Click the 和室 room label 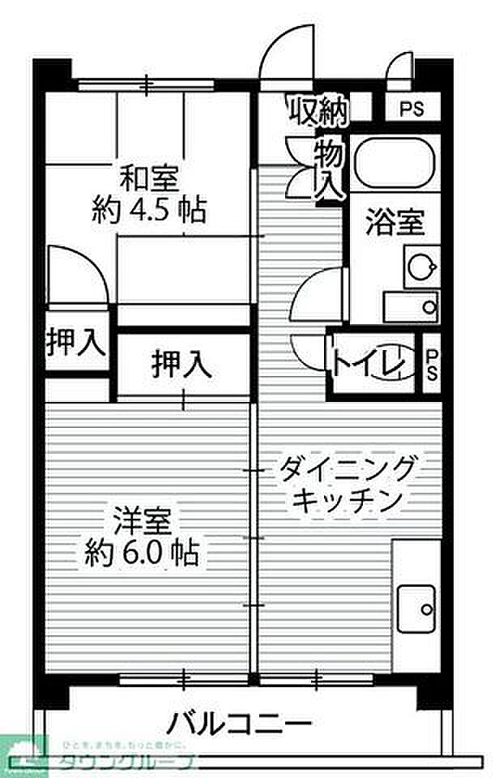click(x=149, y=177)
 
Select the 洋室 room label click(x=142, y=519)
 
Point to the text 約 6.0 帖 click(x=142, y=554)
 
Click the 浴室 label click(x=395, y=221)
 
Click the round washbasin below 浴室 click(x=420, y=266)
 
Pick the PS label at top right click(x=411, y=110)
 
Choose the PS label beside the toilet click(x=432, y=364)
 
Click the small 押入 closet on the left click(x=75, y=344)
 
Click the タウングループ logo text click(x=126, y=763)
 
